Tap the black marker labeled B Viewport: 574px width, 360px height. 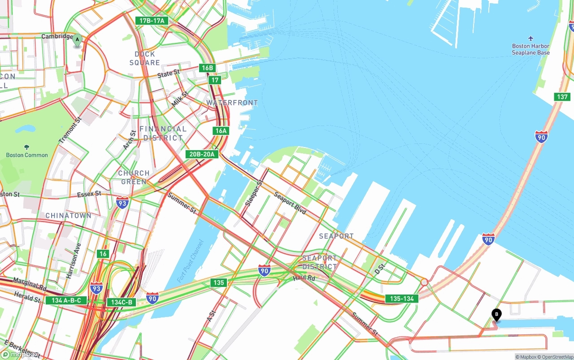click(496, 315)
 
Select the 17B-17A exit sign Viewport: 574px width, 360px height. click(152, 21)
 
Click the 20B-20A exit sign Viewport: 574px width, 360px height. click(202, 154)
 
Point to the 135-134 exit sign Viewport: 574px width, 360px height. click(402, 299)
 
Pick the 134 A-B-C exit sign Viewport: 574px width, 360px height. click(66, 300)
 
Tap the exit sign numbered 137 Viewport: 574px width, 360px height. click(562, 97)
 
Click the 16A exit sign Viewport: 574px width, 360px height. click(221, 130)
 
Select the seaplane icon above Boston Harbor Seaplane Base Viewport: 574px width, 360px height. click(531, 38)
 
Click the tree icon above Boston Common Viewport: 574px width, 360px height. click(27, 147)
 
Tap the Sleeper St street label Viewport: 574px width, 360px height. click(254, 193)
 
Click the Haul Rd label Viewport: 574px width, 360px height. click(304, 278)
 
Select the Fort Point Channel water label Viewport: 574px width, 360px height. click(191, 261)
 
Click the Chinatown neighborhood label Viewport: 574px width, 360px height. click(68, 216)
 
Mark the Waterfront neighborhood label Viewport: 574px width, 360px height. click(232, 103)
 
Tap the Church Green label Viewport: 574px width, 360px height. click(134, 177)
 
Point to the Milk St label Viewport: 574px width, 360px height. click(179, 99)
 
